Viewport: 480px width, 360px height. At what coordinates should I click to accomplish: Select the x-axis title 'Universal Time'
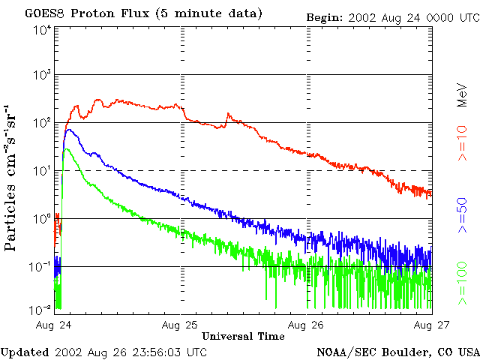coord(243,336)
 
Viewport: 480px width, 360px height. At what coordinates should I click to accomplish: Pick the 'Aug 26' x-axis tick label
coord(307,325)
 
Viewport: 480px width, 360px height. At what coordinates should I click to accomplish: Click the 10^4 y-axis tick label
coord(41,30)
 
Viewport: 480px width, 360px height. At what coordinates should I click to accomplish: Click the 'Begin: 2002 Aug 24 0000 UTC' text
coord(393,16)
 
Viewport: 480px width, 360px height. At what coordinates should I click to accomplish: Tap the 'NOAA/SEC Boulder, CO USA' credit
coord(397,351)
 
